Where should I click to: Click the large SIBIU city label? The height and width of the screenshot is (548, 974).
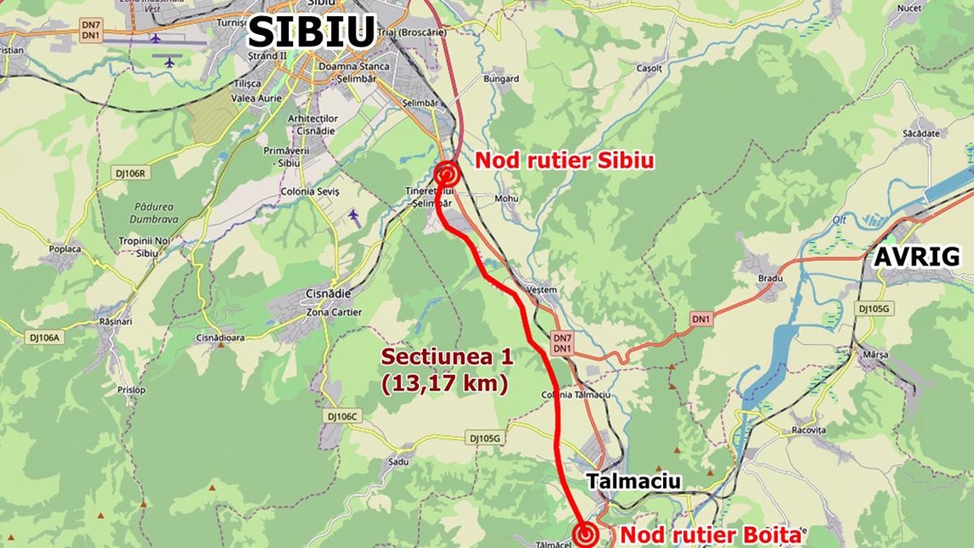pos(311,32)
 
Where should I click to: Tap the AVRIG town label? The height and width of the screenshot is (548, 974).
pos(916,257)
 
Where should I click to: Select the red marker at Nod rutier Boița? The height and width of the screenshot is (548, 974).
pos(585,534)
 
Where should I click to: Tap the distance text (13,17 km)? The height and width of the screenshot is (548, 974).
pos(445,383)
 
